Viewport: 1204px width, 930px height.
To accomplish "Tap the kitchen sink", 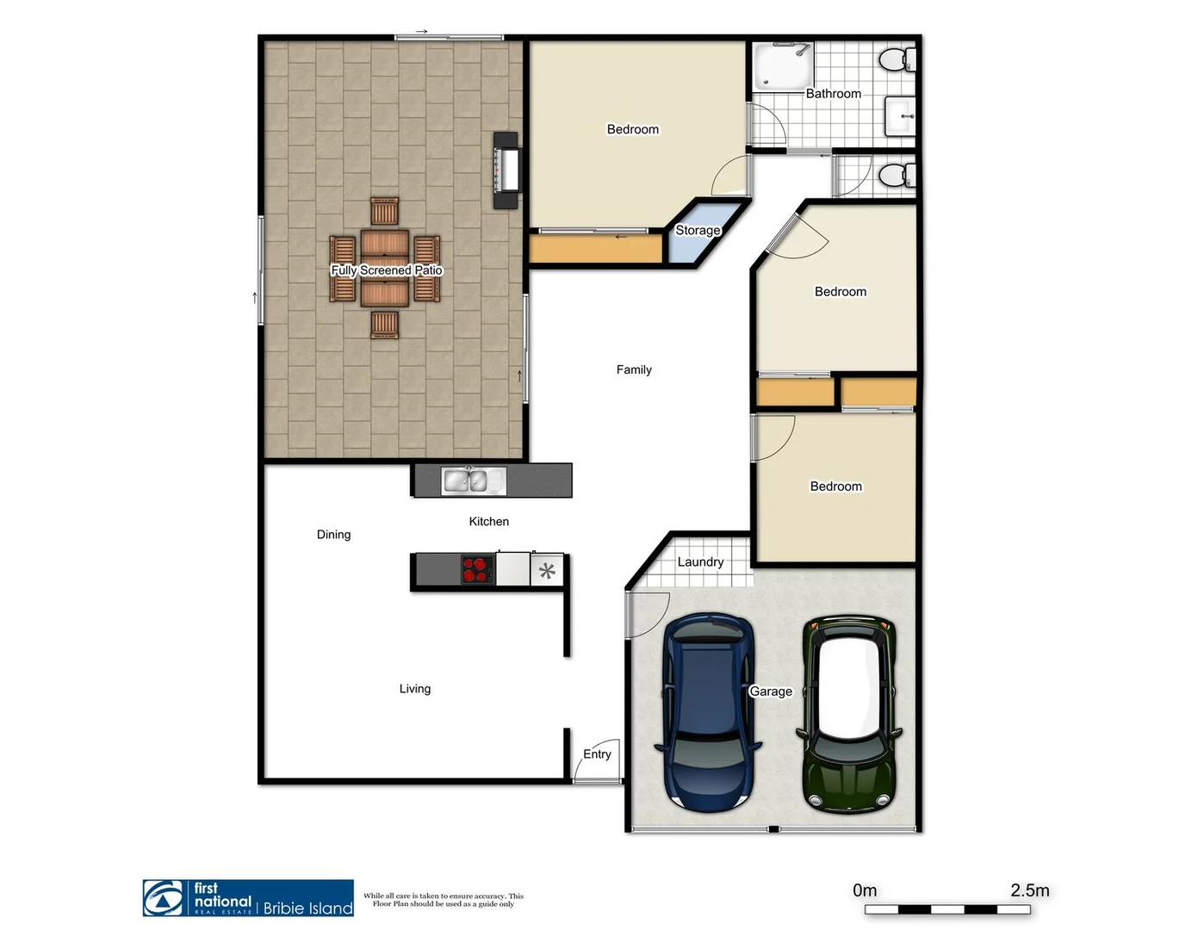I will [474, 481].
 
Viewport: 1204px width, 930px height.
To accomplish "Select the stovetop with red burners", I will [476, 570].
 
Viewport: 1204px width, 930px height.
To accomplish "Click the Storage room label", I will [698, 231].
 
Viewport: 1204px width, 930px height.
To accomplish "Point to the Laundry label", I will [700, 562].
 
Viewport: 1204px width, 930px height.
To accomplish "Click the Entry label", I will [597, 754].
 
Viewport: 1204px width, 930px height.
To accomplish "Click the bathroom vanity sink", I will [901, 115].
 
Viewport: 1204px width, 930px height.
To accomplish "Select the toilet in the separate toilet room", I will [897, 176].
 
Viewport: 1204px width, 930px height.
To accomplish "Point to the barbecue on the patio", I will [506, 170].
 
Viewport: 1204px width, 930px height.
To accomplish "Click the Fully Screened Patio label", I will [387, 270].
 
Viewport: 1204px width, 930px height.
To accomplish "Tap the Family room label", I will [634, 370].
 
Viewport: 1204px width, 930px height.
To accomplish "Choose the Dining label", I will [333, 535].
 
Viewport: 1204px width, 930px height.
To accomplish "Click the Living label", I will [414, 689].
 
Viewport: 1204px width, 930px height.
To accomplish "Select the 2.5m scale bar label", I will [1029, 890].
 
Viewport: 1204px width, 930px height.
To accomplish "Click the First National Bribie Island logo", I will [248, 898].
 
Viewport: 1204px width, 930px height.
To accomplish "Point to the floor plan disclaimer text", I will [444, 900].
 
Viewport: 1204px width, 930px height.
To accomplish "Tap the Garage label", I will [771, 691].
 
